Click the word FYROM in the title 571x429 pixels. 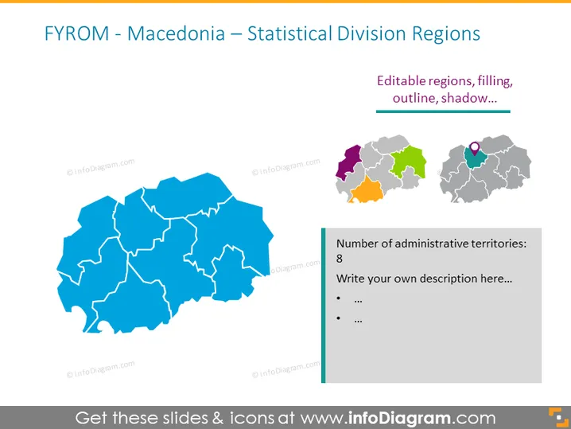pyautogui.click(x=77, y=33)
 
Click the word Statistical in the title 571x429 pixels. pyautogui.click(x=289, y=33)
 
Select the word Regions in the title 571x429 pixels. pyautogui.click(x=446, y=34)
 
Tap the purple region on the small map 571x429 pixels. pyautogui.click(x=348, y=162)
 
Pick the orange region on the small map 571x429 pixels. pyautogui.click(x=367, y=191)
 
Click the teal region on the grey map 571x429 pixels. pyautogui.click(x=475, y=158)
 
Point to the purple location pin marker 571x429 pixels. pyautogui.click(x=475, y=148)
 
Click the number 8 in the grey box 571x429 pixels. pyautogui.click(x=340, y=259)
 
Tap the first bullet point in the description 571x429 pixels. pyautogui.click(x=339, y=299)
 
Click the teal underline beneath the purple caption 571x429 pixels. pyautogui.click(x=443, y=111)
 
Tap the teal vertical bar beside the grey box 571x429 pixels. pyautogui.click(x=324, y=306)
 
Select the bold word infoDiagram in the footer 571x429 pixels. pyautogui.click(x=399, y=418)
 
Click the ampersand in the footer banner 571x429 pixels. pyautogui.click(x=218, y=418)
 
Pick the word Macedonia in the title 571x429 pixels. pyautogui.click(x=176, y=33)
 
